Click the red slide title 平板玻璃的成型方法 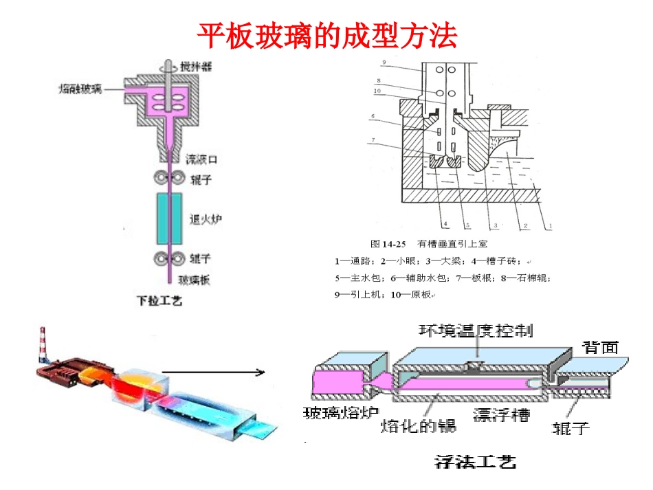pos(327,36)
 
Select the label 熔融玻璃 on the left pos(80,89)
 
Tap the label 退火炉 pos(205,220)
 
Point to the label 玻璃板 pos(195,280)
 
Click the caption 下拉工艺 pos(159,301)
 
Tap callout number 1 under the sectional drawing pos(551,224)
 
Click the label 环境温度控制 pos(476,331)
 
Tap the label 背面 pos(600,347)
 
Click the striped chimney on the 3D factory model pos(42,344)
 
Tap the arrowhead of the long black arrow pos(261,373)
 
